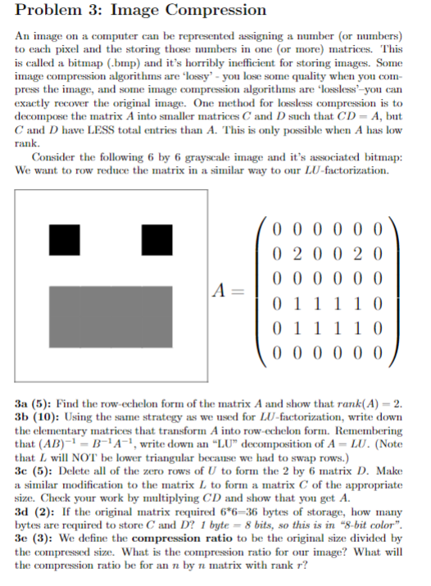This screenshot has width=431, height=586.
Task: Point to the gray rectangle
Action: pyautogui.click(x=110, y=315)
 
